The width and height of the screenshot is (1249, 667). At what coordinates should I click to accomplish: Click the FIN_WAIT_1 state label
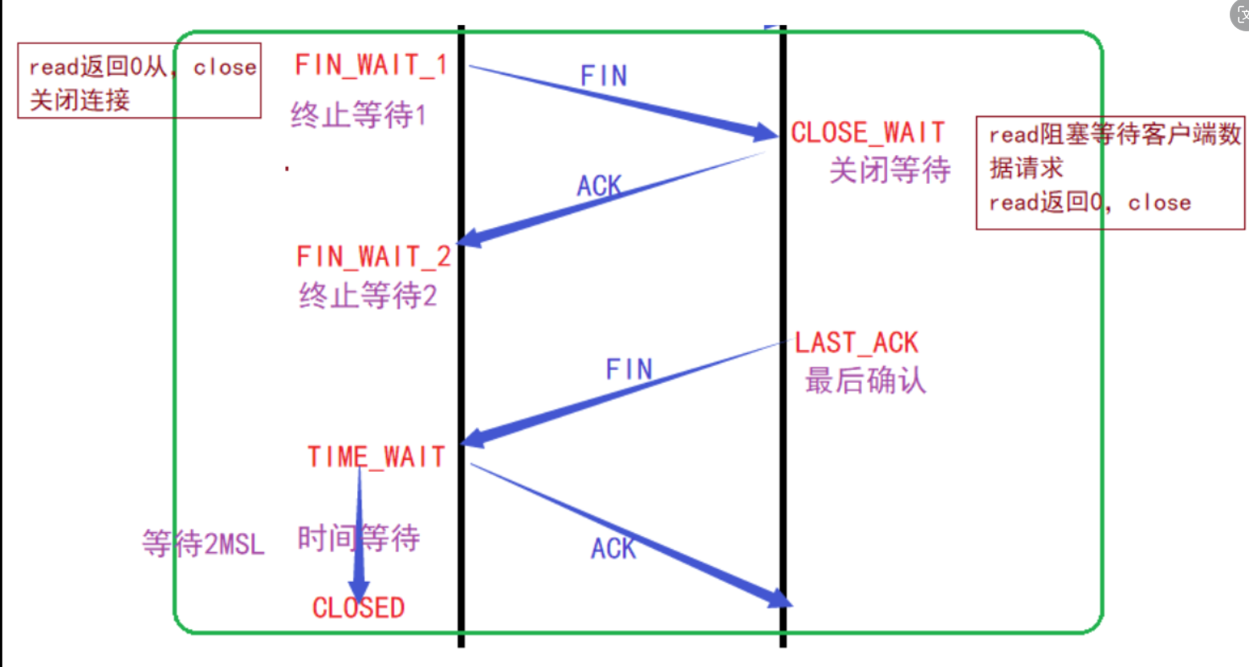pos(370,65)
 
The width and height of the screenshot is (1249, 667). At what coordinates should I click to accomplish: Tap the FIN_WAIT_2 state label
pos(373,257)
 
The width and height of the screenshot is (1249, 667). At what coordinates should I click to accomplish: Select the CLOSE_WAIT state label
pos(868,132)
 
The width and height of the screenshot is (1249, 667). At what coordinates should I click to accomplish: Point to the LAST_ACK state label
pos(856,343)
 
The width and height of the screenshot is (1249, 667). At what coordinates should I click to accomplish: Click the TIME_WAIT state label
pos(376,457)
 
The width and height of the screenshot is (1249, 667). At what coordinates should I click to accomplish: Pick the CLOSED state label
pos(358,608)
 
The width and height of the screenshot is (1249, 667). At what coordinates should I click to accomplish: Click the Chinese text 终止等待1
pos(358,116)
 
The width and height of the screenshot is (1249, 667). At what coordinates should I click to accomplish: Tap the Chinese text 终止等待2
pos(368,295)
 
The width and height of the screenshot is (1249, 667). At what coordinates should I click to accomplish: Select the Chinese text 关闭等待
pos(889,170)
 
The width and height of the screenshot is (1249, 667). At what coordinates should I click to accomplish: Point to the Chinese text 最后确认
pos(865,380)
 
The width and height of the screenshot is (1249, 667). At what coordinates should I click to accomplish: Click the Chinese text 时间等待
pos(358,538)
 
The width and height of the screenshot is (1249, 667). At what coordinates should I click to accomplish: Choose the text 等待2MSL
pos(203,544)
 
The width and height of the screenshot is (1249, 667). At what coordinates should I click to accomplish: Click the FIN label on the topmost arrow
pos(604,76)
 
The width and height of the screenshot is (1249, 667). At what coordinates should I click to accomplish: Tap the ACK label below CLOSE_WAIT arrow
pos(599,186)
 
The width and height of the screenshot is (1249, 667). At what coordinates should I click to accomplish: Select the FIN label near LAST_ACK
pos(629,369)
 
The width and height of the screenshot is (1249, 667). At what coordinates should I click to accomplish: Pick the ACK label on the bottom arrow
pos(613,549)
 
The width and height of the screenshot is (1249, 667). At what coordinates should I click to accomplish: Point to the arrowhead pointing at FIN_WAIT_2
pos(470,238)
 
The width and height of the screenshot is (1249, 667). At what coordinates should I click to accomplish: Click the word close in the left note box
pos(225,67)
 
